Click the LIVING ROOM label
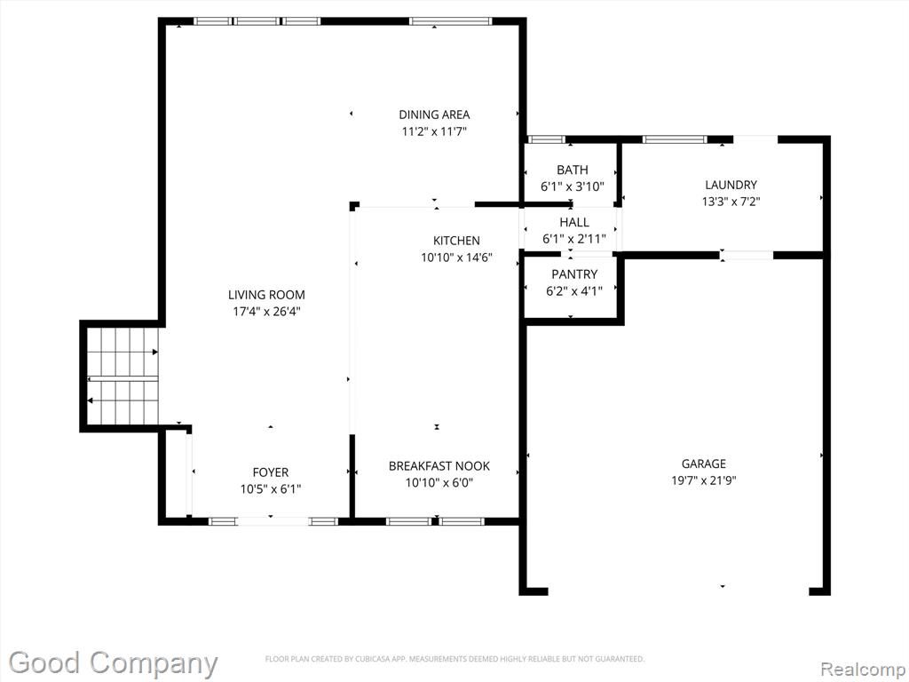[x=266, y=295]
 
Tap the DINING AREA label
[x=434, y=115]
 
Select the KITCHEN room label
[x=456, y=241]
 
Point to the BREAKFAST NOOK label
[x=439, y=465]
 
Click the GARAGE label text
[x=703, y=464]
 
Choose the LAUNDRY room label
[x=731, y=185]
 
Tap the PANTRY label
[x=574, y=274]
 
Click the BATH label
[x=573, y=170]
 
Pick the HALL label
[x=574, y=222]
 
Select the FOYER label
[x=270, y=472]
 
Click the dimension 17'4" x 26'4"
[x=266, y=312]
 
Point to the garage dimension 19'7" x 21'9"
[x=703, y=480]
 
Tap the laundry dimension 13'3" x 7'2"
[x=731, y=202]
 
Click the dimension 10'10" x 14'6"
[x=456, y=258]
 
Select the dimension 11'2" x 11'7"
[x=434, y=131]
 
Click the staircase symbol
[x=123, y=377]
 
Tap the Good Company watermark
[x=113, y=662]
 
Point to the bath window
[x=546, y=139]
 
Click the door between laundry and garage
[x=747, y=255]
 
